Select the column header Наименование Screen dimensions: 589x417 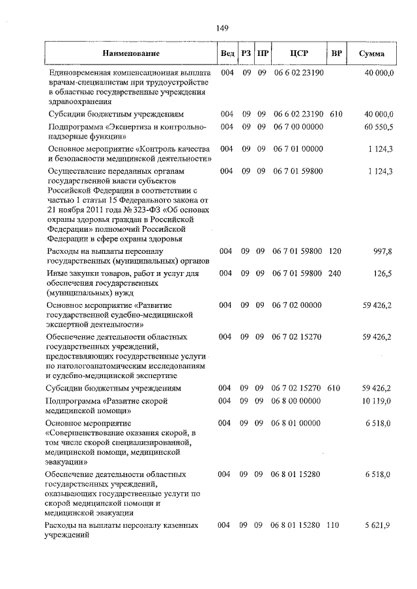click(130, 53)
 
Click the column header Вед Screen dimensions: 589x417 click(227, 53)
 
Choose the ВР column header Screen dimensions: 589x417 click(336, 53)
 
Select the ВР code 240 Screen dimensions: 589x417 click(335, 273)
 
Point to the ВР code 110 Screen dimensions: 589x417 click(335, 525)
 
